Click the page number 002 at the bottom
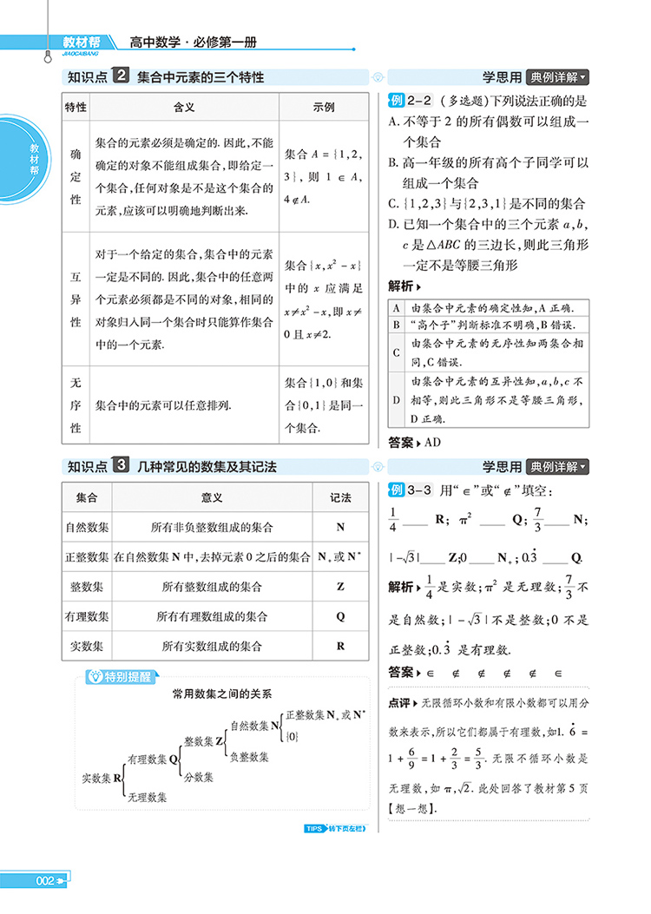pos(45,882)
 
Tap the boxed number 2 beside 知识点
pos(122,76)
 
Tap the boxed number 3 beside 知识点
pos(122,466)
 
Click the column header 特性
pos(76,107)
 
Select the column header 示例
pos(324,107)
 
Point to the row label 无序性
pos(76,404)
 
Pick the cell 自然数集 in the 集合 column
pos(87,527)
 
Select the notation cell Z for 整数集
pos(340,587)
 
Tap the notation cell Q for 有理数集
pos(340,616)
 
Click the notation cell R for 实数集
pos(340,646)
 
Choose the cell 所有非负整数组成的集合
pos(212,527)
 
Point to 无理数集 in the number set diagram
pos(147,796)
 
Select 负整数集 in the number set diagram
pos(249,756)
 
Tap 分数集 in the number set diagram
pos(198,777)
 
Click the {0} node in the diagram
pos(293,736)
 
